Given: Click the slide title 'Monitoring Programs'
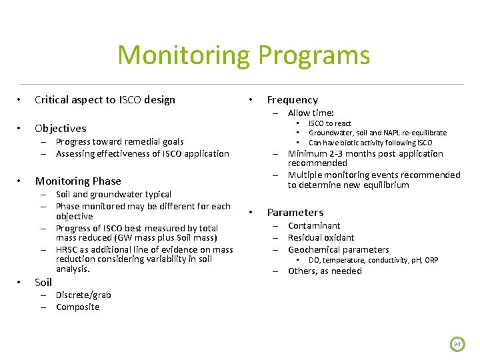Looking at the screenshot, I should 243,55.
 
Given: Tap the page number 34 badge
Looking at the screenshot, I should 457,344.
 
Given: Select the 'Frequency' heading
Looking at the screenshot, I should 292,100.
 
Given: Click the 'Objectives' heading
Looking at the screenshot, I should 60,128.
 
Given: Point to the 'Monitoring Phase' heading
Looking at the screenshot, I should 78,181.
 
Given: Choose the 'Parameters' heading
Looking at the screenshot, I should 295,213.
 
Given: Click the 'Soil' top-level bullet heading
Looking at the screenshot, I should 43,282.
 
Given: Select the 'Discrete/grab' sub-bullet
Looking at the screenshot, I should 83,295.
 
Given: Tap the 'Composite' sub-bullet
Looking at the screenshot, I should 77,307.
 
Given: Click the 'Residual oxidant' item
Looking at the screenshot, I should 321,237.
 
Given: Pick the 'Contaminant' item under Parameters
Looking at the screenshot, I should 314,225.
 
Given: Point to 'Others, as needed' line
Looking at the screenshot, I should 325,271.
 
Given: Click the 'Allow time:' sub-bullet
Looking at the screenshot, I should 311,113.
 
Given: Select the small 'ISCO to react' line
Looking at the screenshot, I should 329,123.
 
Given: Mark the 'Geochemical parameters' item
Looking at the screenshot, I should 338,249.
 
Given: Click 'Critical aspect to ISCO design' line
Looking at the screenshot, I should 105,100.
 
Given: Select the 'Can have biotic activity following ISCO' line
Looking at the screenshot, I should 370,143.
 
